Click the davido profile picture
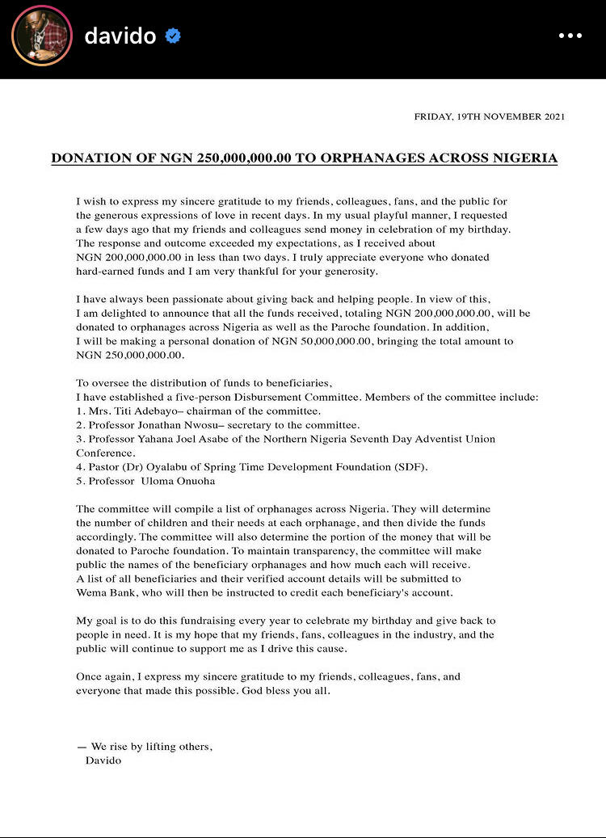click(42, 36)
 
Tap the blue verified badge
click(173, 36)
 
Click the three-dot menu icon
click(570, 36)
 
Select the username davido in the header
click(120, 36)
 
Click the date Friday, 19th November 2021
click(489, 116)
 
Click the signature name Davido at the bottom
click(103, 760)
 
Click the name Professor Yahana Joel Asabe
click(164, 439)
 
